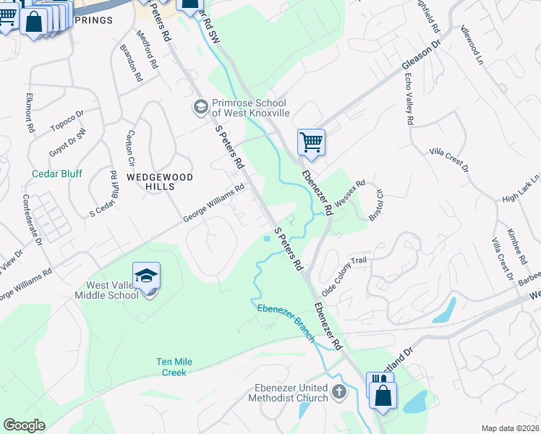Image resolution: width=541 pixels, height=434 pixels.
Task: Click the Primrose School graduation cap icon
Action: [x=200, y=107]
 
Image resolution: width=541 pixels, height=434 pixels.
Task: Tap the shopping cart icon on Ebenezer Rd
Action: [x=311, y=142]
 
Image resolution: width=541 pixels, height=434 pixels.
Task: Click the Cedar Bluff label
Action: [x=57, y=174]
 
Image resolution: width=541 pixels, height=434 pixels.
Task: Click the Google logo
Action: [x=24, y=425]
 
